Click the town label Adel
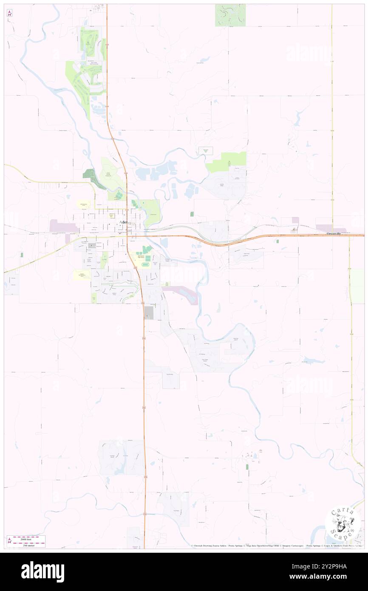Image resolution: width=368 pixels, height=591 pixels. point(123,222)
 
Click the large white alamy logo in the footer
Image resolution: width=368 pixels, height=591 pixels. point(42,571)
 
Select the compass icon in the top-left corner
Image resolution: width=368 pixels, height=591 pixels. point(9,13)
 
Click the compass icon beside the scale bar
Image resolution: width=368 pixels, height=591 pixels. point(9,540)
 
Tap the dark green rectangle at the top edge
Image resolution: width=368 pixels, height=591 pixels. point(230,15)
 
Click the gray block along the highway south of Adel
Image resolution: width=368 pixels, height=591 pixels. point(148,313)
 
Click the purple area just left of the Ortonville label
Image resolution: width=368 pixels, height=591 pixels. point(325,228)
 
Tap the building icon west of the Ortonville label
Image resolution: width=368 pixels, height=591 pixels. point(293,230)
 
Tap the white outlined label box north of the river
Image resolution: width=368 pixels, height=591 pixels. point(206,151)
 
